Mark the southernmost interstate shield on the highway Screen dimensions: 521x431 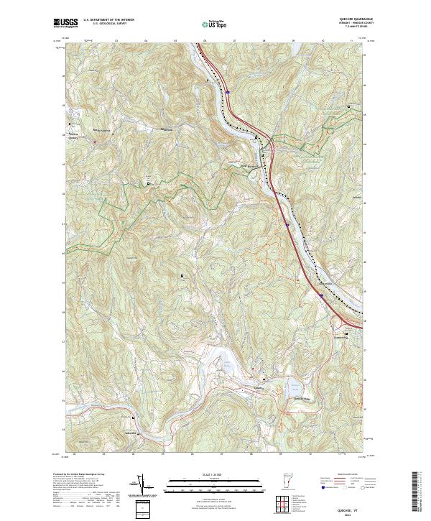pyautogui.click(x=322, y=295)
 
